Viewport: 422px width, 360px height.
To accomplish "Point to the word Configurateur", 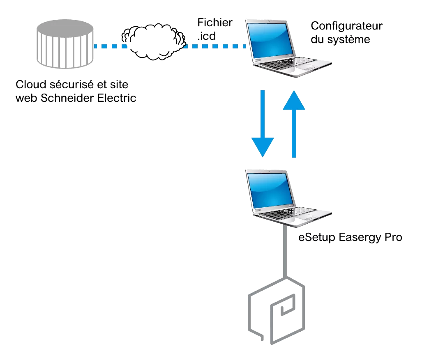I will pyautogui.click(x=346, y=26).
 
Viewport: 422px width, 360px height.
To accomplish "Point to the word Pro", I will pyautogui.click(x=392, y=238).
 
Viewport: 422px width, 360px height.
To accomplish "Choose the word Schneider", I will pyautogui.click(x=64, y=99).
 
